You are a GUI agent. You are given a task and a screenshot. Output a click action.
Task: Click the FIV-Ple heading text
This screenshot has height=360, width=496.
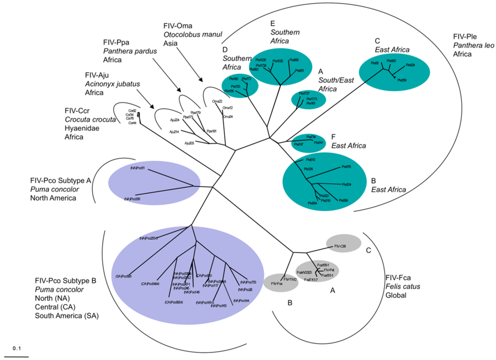pos(466,37)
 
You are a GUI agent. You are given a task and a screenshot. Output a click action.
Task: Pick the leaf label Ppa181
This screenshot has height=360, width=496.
pos(212,131)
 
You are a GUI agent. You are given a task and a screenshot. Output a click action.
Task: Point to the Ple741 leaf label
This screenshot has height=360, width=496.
pos(318,142)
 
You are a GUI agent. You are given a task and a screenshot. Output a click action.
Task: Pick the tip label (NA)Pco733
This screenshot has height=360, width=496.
pos(248,282)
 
